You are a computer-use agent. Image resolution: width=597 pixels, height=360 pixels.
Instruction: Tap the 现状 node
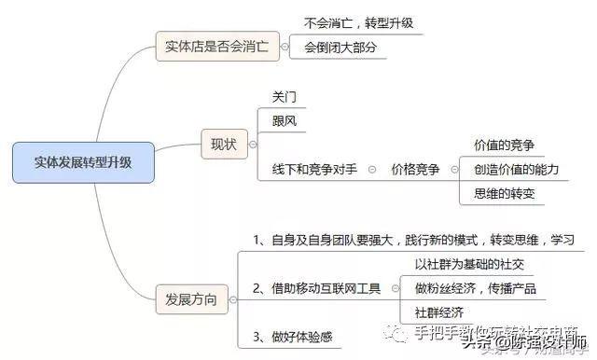(x=224, y=145)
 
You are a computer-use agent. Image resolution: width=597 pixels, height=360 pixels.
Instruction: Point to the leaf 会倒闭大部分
(x=345, y=48)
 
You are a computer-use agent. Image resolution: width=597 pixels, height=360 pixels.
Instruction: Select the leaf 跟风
(x=284, y=120)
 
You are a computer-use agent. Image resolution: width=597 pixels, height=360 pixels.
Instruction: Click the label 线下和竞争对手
(x=313, y=170)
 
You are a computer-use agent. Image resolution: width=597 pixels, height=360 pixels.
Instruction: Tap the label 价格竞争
(x=414, y=170)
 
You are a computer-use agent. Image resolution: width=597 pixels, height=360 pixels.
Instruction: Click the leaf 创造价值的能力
(x=516, y=169)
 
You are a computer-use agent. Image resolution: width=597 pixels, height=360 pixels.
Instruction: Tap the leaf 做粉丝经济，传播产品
(x=476, y=288)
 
